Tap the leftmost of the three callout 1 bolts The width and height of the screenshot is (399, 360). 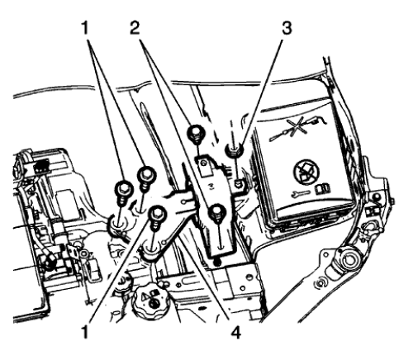click(123, 189)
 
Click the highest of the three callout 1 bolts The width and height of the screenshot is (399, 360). click(146, 174)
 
